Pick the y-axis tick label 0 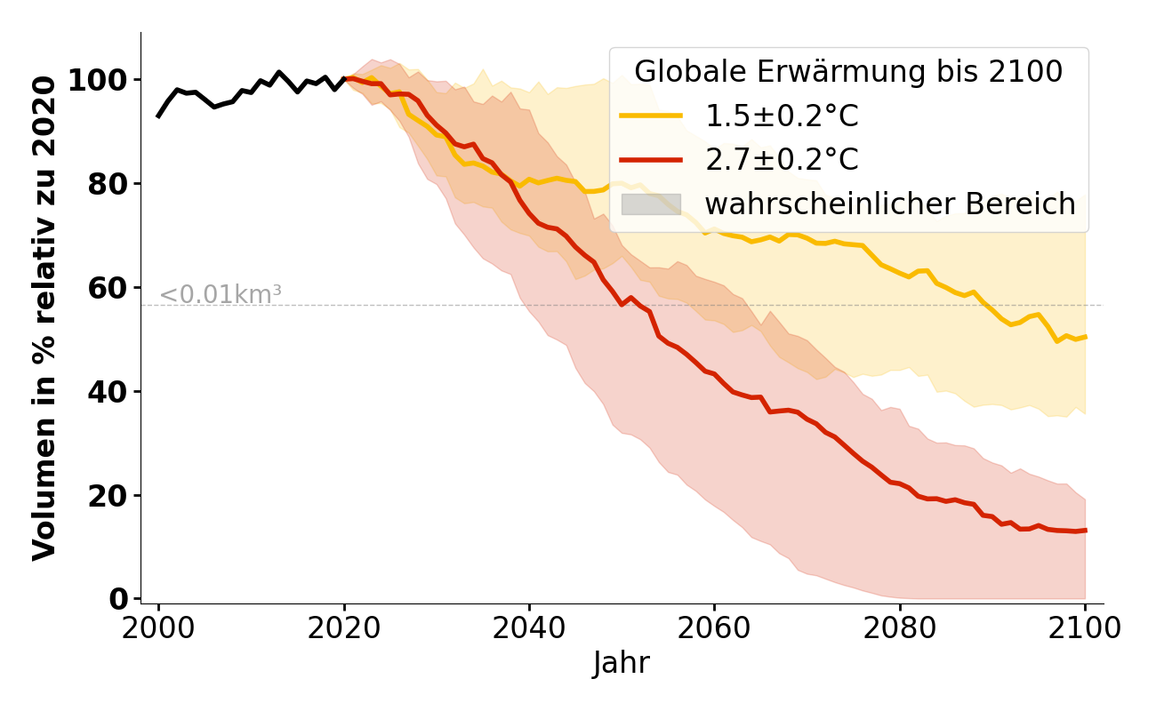click(118, 600)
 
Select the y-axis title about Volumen click(44, 317)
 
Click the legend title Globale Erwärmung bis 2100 click(847, 72)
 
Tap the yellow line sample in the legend click(651, 116)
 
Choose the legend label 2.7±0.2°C click(782, 160)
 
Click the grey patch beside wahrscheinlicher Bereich click(651, 204)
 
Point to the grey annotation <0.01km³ click(221, 295)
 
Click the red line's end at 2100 click(1085, 531)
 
